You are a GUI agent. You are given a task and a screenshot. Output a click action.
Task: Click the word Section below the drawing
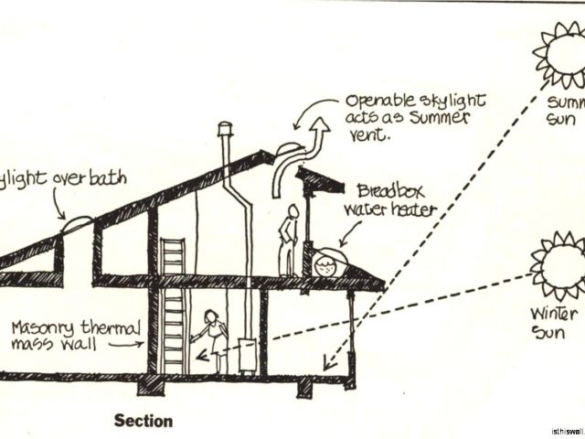click(143, 422)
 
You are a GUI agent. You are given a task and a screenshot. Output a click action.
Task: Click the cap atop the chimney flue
click(225, 129)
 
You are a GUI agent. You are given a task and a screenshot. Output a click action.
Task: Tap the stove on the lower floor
click(246, 355)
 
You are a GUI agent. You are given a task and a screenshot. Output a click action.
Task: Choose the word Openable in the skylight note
click(377, 100)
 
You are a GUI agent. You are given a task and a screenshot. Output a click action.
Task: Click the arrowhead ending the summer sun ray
click(326, 367)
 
